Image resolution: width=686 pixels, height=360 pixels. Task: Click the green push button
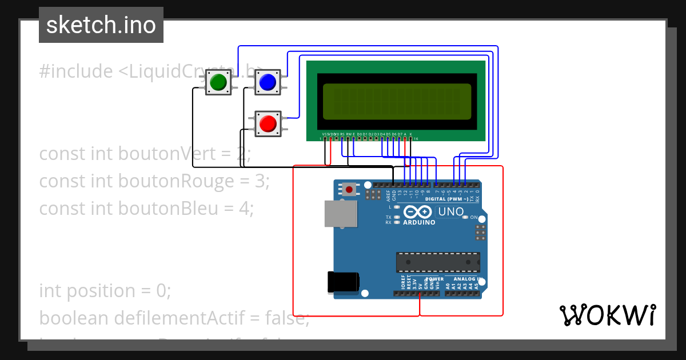[218, 83]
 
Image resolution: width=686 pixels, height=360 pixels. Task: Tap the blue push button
[267, 83]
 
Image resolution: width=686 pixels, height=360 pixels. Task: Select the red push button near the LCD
[267, 123]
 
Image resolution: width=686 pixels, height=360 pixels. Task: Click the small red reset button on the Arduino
[349, 189]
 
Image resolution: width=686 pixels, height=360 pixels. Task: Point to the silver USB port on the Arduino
[340, 214]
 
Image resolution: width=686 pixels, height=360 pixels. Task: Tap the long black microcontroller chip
[438, 262]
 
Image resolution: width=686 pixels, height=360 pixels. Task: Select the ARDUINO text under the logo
[419, 223]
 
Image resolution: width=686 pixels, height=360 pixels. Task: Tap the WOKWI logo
[607, 315]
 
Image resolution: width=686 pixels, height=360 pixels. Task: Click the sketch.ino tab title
[101, 25]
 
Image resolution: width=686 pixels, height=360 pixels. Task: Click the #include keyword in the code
[76, 71]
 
